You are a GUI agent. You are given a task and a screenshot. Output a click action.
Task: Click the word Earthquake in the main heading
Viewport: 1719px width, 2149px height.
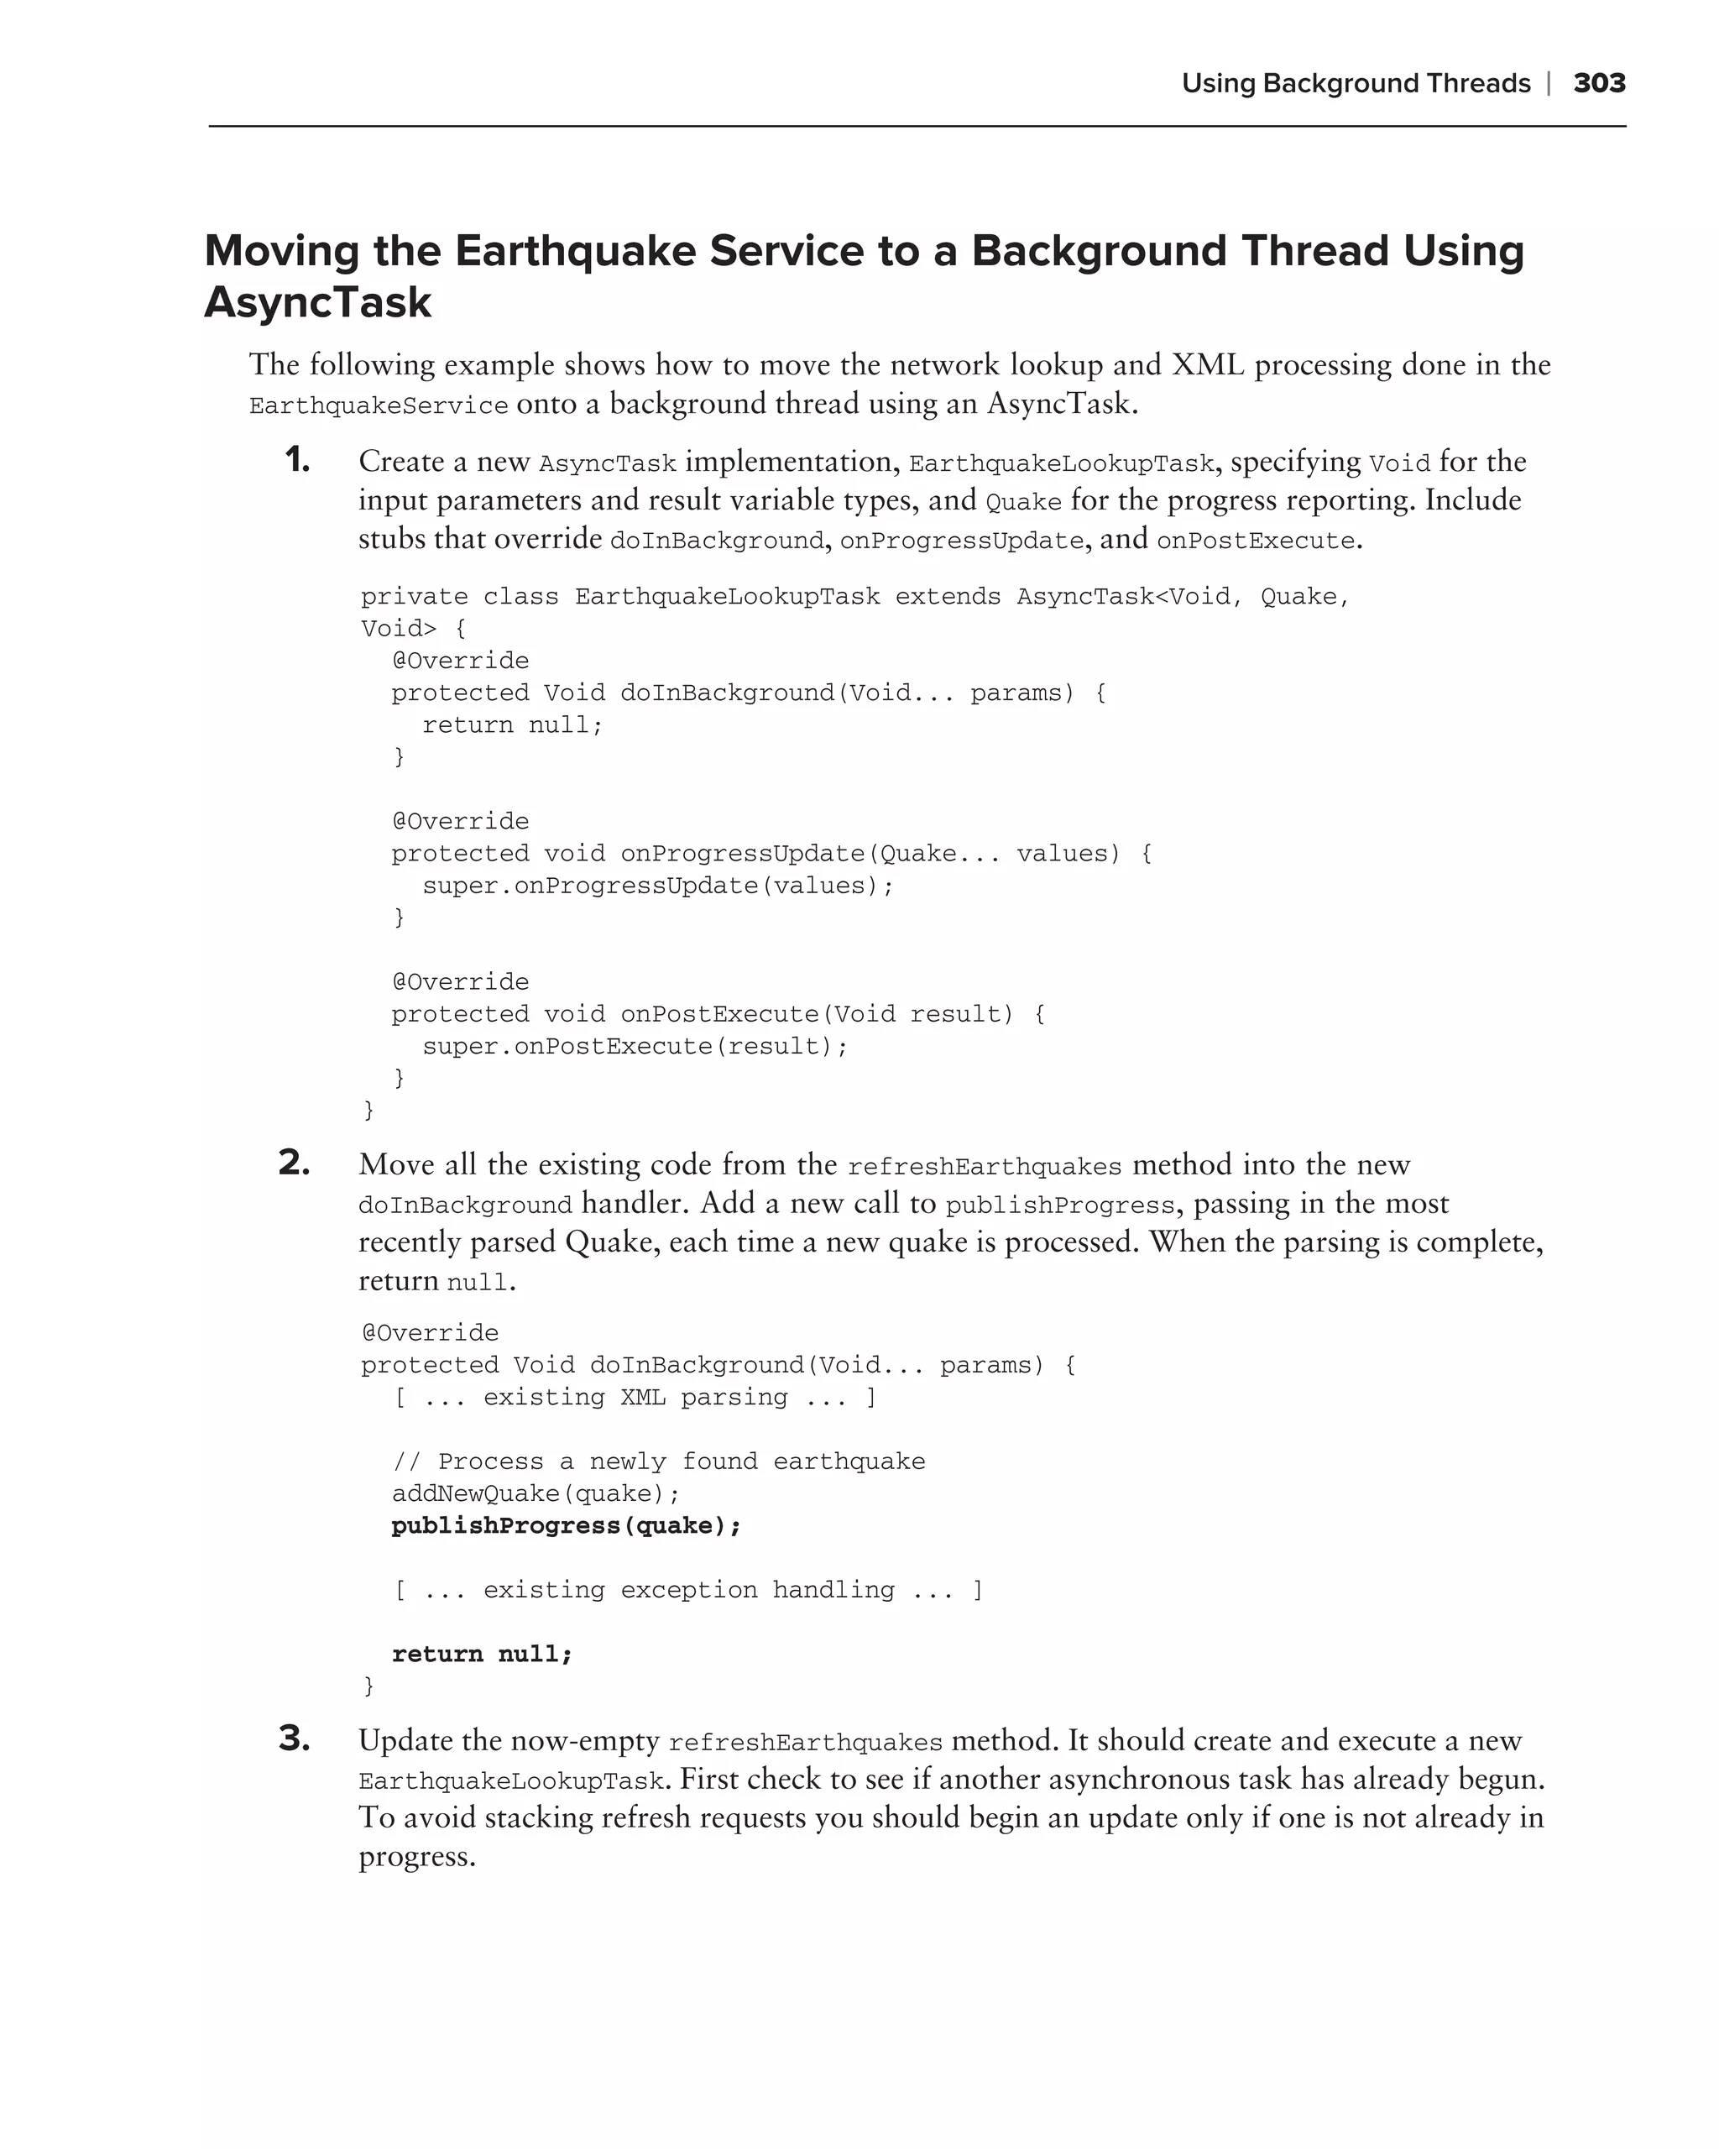(x=573, y=250)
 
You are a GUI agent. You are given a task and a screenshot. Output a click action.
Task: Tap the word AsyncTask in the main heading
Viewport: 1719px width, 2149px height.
(x=318, y=302)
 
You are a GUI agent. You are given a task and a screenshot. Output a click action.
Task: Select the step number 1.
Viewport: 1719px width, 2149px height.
(x=297, y=461)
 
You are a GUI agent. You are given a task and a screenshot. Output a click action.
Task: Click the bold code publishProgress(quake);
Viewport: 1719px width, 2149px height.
(x=566, y=1526)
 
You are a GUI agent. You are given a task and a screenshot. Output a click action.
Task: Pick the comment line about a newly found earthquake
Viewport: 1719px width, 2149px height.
(x=659, y=1462)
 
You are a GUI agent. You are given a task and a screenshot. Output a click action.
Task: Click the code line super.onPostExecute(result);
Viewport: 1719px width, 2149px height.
(x=635, y=1047)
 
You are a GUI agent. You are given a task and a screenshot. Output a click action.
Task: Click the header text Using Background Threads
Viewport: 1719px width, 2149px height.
(x=1356, y=84)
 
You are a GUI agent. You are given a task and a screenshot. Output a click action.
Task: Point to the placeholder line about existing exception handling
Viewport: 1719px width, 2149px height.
(x=688, y=1590)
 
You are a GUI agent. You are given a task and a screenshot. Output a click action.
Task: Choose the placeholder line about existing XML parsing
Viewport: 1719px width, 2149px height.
(x=635, y=1398)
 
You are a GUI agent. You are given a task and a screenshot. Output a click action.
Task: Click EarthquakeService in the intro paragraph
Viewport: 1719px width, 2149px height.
(x=379, y=405)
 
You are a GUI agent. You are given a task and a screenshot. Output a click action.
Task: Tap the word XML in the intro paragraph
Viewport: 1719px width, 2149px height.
(x=1208, y=365)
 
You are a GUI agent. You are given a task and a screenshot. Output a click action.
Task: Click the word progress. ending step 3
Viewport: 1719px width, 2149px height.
(x=416, y=1857)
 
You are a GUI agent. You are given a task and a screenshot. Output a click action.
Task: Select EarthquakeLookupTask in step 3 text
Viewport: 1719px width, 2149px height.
(x=511, y=1781)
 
